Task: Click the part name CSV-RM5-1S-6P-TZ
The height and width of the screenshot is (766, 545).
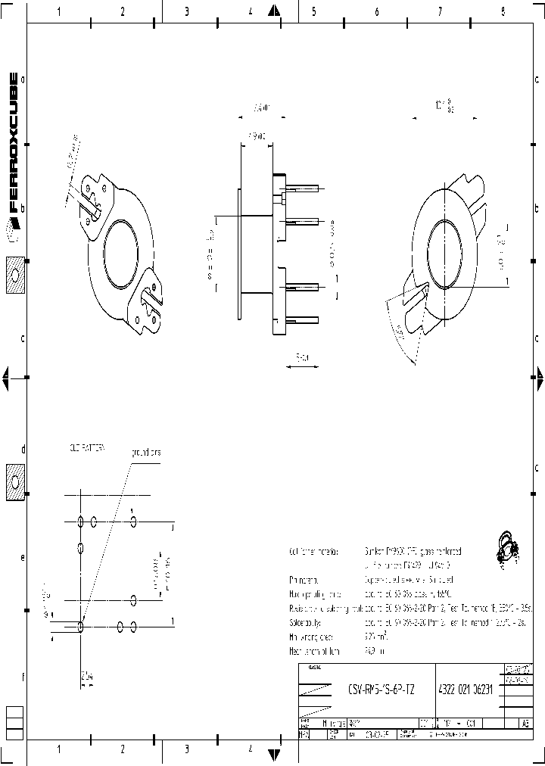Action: [381, 690]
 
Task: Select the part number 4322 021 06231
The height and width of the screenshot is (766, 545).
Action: [469, 690]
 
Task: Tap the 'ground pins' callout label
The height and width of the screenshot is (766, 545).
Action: [146, 452]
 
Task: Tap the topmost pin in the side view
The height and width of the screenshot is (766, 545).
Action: [302, 189]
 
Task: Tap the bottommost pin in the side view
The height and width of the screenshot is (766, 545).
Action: [302, 321]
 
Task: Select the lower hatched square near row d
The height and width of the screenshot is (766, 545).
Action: [15, 481]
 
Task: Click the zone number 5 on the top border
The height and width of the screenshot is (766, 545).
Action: [313, 11]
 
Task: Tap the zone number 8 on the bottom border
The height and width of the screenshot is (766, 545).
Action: [503, 749]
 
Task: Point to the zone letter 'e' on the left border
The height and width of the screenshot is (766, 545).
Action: [23, 558]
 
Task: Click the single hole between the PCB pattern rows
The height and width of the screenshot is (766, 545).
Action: [80, 546]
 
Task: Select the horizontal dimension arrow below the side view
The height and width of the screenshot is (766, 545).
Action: [301, 367]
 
